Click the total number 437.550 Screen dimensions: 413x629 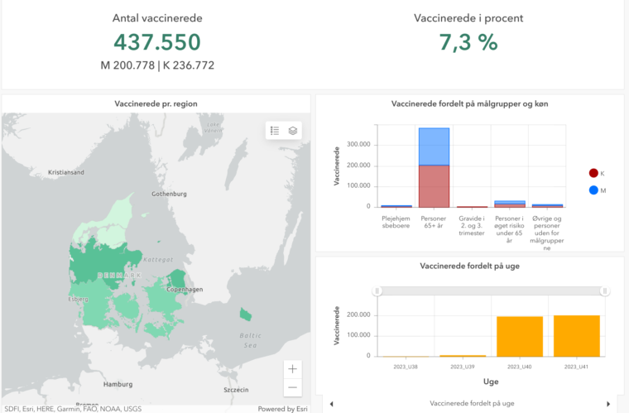(156, 42)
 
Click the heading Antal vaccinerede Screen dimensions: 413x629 (156, 17)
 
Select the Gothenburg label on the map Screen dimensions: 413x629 (169, 194)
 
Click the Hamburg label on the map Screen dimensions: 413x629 (118, 385)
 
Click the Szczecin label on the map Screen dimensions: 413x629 (237, 389)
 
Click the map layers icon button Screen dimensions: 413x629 (293, 131)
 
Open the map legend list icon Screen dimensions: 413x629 (275, 131)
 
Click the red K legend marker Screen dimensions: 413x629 (593, 173)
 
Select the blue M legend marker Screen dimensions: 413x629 (593, 190)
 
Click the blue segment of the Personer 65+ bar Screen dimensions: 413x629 (434, 146)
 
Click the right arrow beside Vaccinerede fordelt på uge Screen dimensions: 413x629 (608, 404)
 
